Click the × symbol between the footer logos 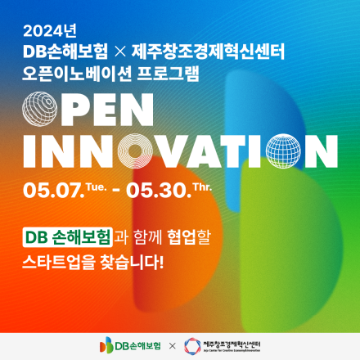(172, 345)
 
